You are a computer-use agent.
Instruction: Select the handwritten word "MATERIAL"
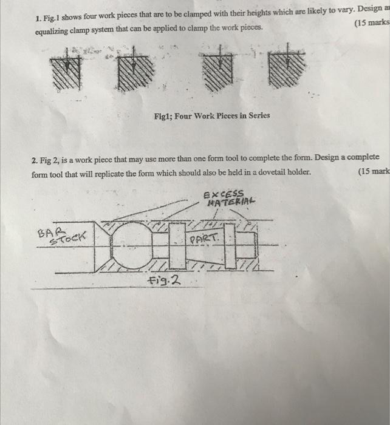[x=231, y=203]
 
